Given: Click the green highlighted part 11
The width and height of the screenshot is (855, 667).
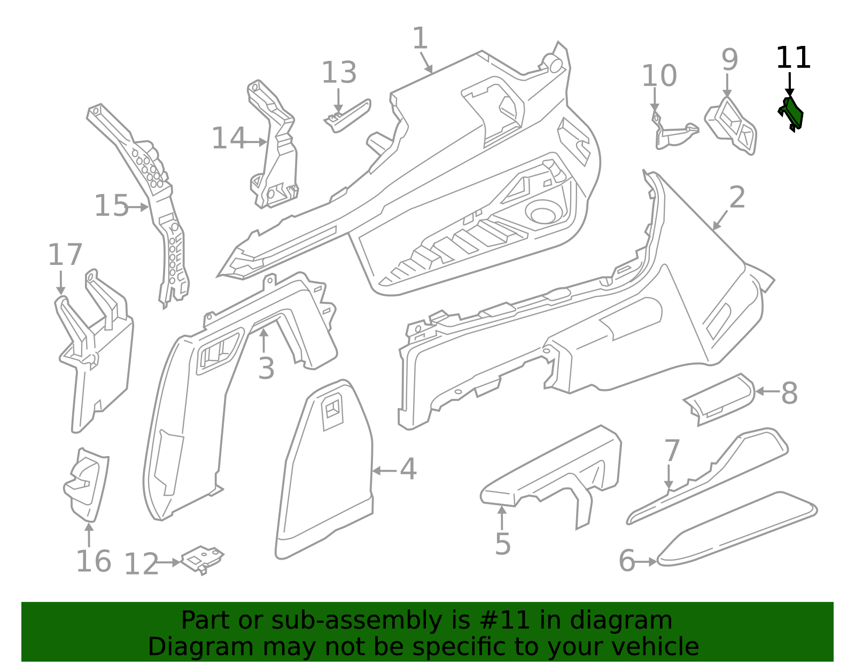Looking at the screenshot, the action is pos(791,114).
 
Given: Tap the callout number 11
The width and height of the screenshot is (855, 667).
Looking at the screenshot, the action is pos(793,58).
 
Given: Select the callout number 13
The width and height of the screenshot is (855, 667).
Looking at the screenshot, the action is pos(339,72).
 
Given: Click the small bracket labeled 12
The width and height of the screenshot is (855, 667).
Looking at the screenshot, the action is pos(202,559).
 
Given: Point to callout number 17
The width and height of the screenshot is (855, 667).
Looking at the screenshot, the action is pos(65,255).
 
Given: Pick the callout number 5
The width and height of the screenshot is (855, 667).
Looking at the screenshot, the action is pos(502,544).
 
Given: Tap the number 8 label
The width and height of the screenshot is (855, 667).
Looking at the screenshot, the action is pos(789,393).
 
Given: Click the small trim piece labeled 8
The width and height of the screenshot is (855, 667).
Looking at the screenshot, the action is pos(719,399).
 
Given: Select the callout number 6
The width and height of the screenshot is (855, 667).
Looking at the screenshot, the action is pos(627,561).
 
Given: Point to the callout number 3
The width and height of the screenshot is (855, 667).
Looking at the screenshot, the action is pos(266,368).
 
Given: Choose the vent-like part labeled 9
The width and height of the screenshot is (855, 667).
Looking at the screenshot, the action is pos(731,126).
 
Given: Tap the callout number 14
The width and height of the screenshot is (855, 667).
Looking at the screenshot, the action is pos(229,138).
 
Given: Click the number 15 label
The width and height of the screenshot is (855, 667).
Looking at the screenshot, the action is pos(111,206).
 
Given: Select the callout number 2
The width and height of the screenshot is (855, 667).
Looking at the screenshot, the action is pos(737,197).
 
